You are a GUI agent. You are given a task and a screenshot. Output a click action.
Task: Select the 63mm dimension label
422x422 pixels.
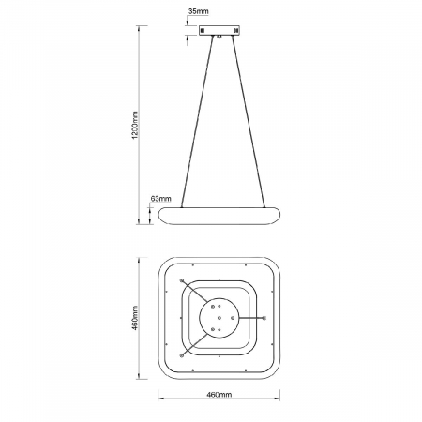(x=160, y=199)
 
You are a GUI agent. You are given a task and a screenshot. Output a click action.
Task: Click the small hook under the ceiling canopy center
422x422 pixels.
(x=219, y=38)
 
